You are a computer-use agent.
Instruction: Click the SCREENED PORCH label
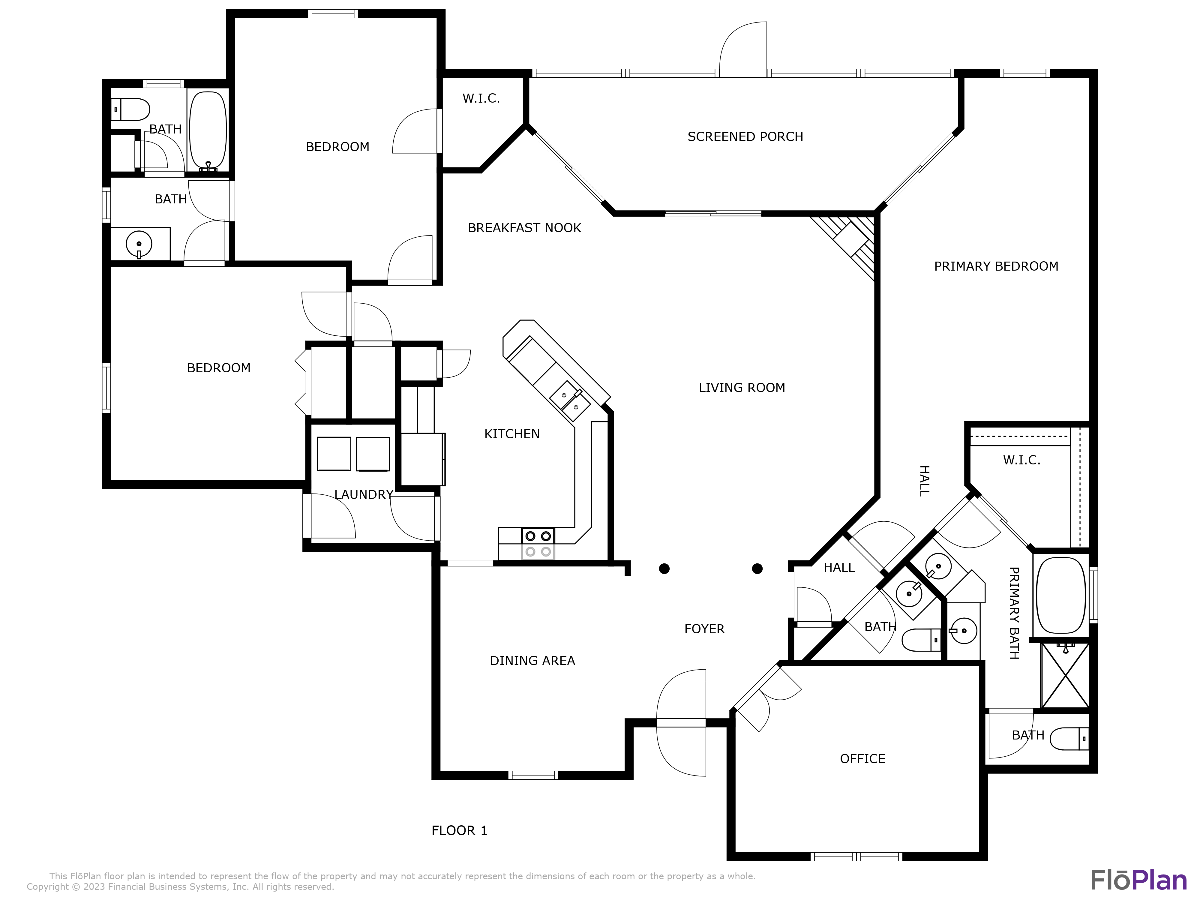745,137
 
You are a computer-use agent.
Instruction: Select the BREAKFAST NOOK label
524,228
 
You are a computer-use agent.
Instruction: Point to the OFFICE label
862,759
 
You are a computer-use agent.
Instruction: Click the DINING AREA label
532,661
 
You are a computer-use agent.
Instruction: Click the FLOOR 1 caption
459,831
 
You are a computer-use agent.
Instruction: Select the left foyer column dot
664,568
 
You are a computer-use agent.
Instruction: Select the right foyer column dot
757,568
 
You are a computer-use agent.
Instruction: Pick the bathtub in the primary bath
1060,595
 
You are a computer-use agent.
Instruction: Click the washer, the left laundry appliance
334,454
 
